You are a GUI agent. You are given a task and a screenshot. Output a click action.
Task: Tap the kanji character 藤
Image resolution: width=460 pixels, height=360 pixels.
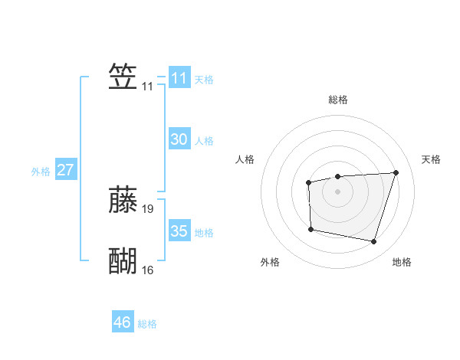(123, 199)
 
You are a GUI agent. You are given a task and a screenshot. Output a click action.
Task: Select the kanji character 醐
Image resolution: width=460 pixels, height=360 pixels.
(123, 261)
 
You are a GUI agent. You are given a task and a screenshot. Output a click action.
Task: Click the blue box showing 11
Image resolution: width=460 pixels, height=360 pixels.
(179, 78)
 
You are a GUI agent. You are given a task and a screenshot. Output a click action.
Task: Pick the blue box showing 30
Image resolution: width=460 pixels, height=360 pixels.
(179, 139)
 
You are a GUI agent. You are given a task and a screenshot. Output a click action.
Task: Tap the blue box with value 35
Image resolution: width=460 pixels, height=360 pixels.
(179, 231)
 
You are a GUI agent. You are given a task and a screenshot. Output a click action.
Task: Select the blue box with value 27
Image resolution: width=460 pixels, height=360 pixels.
(65, 170)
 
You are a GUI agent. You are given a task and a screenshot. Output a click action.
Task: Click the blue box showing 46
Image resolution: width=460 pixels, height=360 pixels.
(123, 322)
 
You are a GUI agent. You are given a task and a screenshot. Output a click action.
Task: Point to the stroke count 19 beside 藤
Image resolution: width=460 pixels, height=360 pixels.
(148, 208)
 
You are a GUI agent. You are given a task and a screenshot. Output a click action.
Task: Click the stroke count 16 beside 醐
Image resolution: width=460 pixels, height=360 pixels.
(148, 270)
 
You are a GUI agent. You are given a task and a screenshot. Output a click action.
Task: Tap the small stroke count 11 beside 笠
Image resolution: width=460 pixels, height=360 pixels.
(148, 87)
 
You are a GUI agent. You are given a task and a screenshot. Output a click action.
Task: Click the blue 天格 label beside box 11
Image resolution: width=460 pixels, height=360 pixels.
(204, 80)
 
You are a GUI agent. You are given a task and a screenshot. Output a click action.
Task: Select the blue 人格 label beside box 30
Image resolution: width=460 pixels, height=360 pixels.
(204, 141)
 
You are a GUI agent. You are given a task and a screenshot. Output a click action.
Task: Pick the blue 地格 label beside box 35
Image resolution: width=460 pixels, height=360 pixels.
(204, 233)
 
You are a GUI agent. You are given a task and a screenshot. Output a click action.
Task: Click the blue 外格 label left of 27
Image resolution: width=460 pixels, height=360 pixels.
(41, 172)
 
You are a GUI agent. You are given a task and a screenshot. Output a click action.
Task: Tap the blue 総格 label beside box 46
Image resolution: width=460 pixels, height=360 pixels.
(147, 324)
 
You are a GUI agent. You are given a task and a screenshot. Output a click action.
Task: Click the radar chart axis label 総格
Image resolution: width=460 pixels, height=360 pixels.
(338, 100)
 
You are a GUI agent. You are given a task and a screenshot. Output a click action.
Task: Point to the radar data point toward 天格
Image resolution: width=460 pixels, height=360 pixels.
(396, 172)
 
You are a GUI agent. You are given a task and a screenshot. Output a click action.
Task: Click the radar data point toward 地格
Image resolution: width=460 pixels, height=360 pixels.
(373, 242)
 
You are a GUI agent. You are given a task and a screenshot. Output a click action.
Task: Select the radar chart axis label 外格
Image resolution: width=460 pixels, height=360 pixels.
(270, 262)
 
